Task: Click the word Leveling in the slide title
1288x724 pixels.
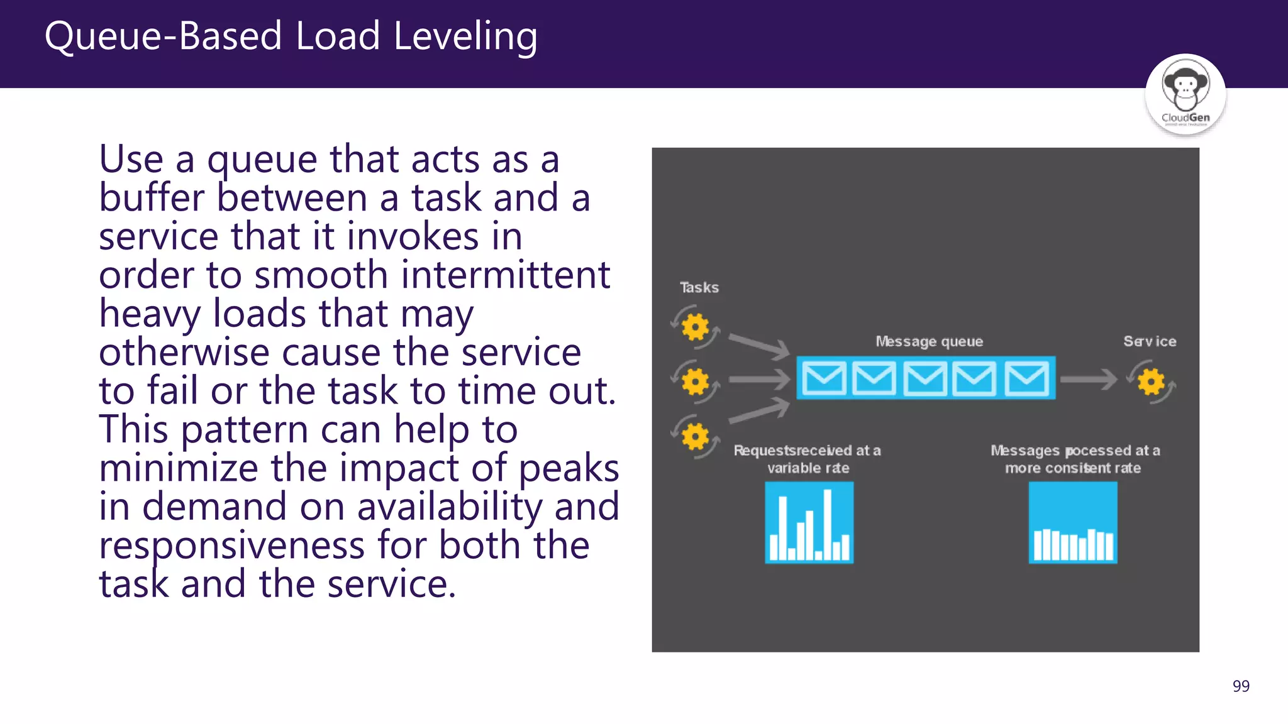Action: tap(465, 36)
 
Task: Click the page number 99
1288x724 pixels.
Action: tap(1241, 686)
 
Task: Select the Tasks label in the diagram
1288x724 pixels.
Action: tap(699, 288)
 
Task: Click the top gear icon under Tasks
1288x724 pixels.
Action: tap(695, 327)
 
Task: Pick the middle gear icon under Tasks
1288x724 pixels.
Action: tap(695, 381)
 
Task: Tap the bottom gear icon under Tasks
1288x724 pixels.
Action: tap(695, 436)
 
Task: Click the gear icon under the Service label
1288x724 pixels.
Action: tap(1151, 381)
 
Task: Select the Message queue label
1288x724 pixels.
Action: tap(929, 341)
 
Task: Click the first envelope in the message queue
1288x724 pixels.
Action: tap(824, 378)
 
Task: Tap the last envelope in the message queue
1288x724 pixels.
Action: tap(1026, 378)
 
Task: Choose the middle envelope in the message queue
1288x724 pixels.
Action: tap(925, 378)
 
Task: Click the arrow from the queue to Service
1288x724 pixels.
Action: tap(1089, 379)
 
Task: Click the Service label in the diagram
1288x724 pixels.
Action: tap(1150, 341)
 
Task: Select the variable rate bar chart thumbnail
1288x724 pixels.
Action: tap(809, 522)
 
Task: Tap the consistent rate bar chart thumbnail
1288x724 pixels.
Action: tap(1073, 522)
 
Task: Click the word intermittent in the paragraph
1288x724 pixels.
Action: tap(506, 275)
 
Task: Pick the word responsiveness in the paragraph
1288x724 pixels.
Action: tap(231, 546)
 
